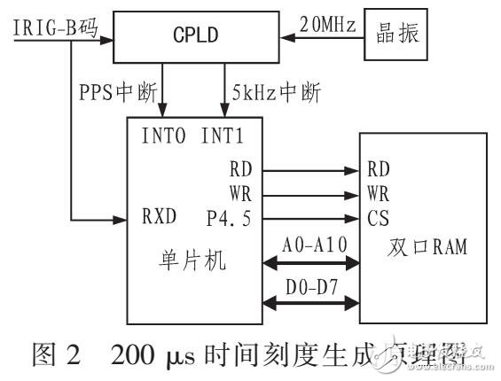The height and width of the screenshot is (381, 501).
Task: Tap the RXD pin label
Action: pyautogui.click(x=158, y=216)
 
